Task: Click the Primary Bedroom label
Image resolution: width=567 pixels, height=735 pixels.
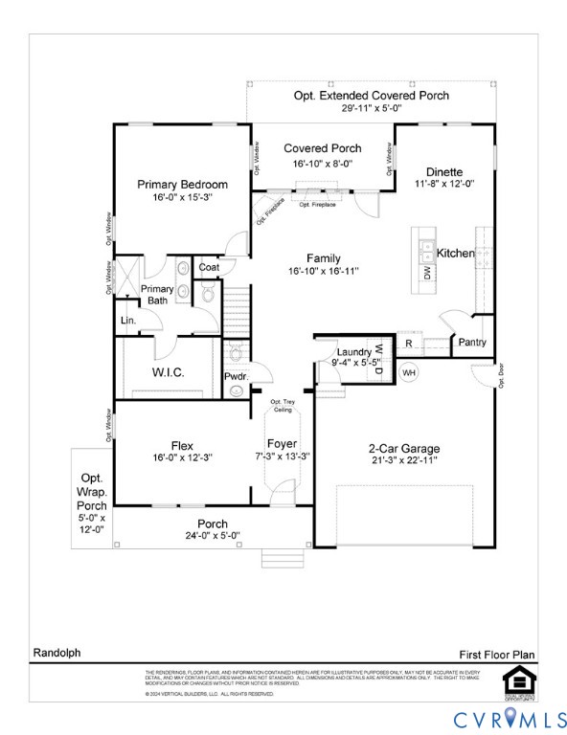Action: coord(182,185)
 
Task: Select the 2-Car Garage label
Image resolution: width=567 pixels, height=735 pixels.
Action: coord(404,448)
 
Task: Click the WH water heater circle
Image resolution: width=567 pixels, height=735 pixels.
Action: coord(408,372)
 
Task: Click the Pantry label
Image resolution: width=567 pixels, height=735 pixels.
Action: coord(472,343)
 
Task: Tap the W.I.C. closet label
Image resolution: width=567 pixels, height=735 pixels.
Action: coord(168,372)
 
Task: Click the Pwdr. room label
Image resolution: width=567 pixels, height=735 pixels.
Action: coord(236,376)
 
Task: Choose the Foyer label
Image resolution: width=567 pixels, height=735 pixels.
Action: coord(283,444)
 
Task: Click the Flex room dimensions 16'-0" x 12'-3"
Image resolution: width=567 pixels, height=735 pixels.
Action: coord(182,457)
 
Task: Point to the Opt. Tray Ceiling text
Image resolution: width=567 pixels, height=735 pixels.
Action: coord(282,406)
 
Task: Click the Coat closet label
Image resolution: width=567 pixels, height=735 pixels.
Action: coord(209,267)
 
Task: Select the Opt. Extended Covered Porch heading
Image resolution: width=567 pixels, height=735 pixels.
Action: coord(371,96)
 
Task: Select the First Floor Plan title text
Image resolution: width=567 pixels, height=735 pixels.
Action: coord(496,654)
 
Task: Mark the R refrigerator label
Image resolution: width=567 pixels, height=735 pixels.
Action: coord(408,343)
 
